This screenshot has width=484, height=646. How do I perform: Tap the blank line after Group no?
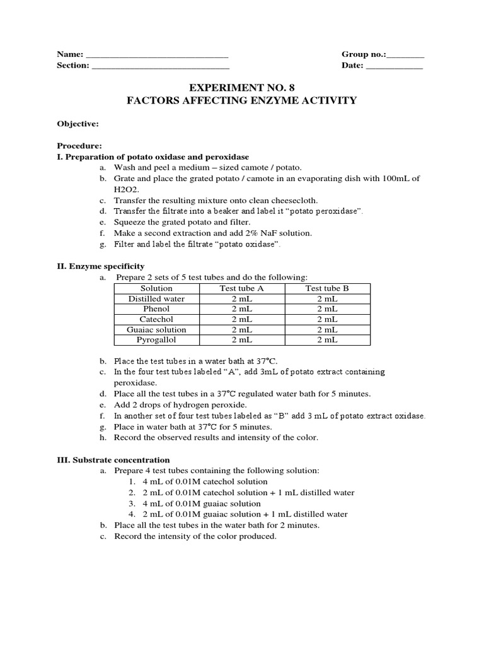click(x=406, y=55)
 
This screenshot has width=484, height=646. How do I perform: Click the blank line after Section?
click(x=160, y=66)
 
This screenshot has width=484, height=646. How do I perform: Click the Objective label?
click(x=78, y=124)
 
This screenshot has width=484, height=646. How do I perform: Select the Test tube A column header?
click(x=241, y=288)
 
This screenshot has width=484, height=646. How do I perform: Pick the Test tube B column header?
click(x=327, y=288)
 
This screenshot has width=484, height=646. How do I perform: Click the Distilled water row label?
click(x=156, y=299)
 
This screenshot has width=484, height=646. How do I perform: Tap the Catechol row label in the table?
click(x=156, y=319)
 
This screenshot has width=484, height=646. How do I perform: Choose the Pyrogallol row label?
click(x=156, y=339)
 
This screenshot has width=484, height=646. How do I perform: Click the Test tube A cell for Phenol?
click(x=241, y=309)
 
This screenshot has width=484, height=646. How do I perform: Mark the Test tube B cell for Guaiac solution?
click(x=327, y=329)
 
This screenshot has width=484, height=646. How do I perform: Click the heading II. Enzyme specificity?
click(x=101, y=267)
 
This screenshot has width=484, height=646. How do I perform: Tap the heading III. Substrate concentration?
click(x=113, y=460)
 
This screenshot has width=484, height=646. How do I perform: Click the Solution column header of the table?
click(x=156, y=288)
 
